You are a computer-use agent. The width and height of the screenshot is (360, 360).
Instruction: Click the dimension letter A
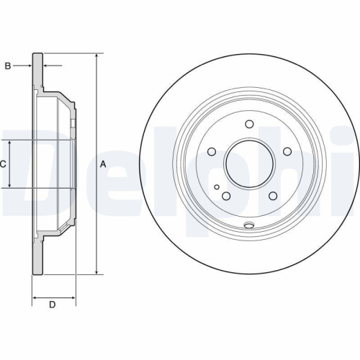[x=102, y=164]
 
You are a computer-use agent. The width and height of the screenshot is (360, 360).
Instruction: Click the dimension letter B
[x=8, y=66]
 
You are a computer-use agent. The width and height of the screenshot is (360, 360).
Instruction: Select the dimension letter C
[x=3, y=164]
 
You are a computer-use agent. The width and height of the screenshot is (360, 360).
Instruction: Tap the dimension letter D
[x=52, y=305]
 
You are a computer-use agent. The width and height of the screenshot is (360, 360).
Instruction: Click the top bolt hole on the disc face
[x=249, y=124]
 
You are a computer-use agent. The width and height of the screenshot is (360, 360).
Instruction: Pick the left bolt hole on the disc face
[x=212, y=152]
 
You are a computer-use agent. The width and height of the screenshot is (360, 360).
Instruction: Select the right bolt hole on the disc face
[x=287, y=152]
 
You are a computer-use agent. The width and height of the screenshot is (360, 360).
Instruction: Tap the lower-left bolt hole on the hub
[x=226, y=196]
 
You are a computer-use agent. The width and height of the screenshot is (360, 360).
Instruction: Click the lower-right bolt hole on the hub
[x=272, y=196]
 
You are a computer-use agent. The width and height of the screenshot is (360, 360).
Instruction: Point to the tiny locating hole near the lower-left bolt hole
[x=217, y=185]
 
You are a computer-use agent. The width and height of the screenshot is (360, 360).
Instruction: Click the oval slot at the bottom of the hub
[x=249, y=225]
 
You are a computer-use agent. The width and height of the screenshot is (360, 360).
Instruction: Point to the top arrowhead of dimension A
[x=96, y=56]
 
